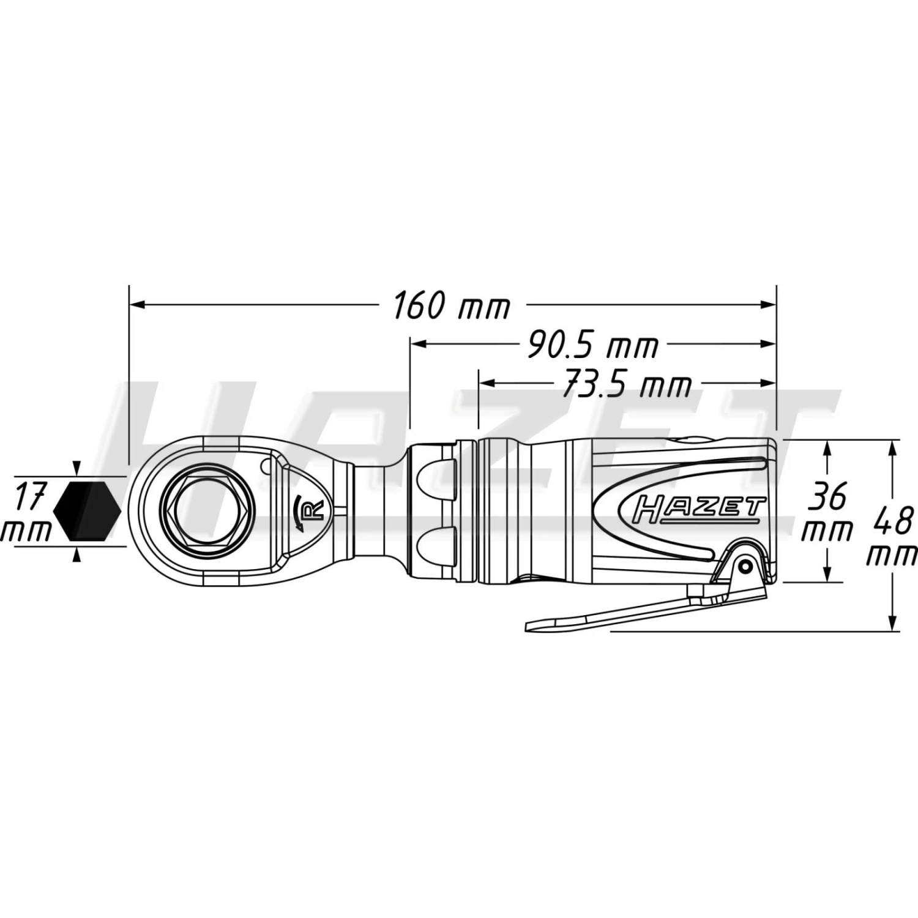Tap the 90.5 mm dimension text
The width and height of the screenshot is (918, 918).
592,346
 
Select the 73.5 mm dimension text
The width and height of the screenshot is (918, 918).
626,385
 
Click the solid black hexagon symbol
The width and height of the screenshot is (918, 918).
87,510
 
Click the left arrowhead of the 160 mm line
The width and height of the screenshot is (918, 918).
136,304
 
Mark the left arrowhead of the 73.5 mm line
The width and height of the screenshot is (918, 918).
487,383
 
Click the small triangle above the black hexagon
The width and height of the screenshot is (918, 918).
76,468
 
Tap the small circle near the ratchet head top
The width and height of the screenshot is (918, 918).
266,466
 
